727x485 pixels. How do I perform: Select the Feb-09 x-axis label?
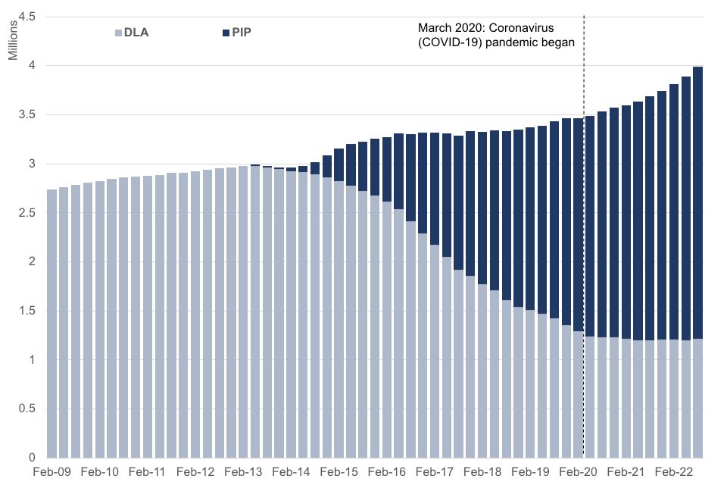(51, 471)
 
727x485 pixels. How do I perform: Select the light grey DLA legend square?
(117, 33)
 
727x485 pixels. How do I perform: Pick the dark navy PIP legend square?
(225, 33)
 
